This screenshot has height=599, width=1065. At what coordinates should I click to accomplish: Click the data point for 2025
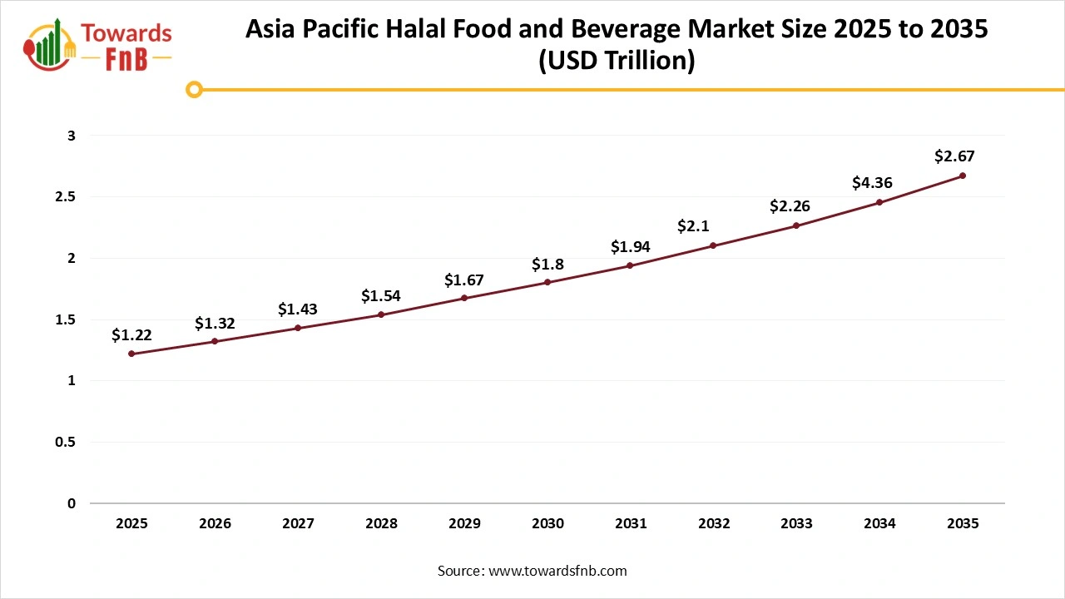coord(131,354)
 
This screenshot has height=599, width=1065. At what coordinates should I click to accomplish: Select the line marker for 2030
coord(547,282)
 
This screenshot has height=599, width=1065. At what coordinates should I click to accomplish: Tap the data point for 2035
coord(963,176)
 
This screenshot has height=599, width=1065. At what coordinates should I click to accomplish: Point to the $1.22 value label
coord(131,335)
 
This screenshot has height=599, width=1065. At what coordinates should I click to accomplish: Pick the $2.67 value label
coord(954,156)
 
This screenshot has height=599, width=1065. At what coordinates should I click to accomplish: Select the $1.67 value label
coord(464,280)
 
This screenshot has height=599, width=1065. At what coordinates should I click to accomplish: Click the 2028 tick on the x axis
coord(381,524)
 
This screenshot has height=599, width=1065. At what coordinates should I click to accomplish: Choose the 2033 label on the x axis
coord(796,524)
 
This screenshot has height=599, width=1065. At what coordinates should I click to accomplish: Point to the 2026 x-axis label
coord(215,524)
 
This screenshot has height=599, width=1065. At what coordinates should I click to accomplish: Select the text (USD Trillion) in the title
coord(616,62)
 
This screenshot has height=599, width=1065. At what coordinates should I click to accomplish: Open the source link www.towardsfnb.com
coord(557,571)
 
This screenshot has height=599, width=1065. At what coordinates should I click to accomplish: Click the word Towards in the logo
coord(127,34)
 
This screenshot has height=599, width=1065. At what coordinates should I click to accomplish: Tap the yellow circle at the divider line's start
coord(194,89)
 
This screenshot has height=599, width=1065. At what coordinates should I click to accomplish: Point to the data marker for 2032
coord(713,245)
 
